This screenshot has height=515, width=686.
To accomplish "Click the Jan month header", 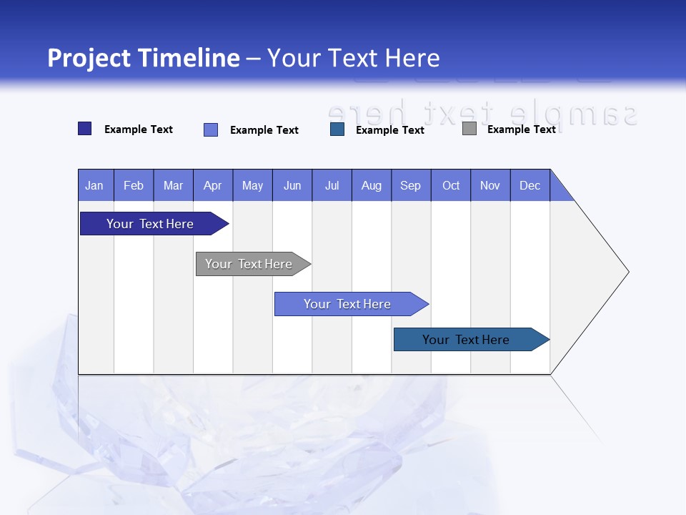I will coord(94,185).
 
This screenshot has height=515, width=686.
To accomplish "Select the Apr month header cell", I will coord(213,185).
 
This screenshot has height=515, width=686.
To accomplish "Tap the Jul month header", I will coord(332,185).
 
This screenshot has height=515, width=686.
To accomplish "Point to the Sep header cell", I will coord(410,185).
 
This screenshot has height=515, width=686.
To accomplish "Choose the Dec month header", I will coord(530,185).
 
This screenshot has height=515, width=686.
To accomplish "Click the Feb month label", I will coord(134,185).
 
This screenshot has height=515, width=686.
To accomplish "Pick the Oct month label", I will coord(451,185).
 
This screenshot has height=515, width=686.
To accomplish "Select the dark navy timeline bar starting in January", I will coord(150,224).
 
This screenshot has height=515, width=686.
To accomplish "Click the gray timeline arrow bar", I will coord(249,264).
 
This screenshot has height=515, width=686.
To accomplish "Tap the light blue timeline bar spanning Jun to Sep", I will coord(347,304).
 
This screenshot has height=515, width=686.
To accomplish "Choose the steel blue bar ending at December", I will coord(466,340).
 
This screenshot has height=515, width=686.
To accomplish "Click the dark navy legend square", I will coord(85,129).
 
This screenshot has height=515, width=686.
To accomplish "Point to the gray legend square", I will coord(469,129).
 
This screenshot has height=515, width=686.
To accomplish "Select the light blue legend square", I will coord(211,129).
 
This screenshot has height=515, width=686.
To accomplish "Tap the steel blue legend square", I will coord(337,129).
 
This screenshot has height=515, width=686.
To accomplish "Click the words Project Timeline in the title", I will coord(144,58).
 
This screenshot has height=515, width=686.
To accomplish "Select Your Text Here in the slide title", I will coord(353,58).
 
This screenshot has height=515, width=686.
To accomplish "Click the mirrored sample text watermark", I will coord(482,113).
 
